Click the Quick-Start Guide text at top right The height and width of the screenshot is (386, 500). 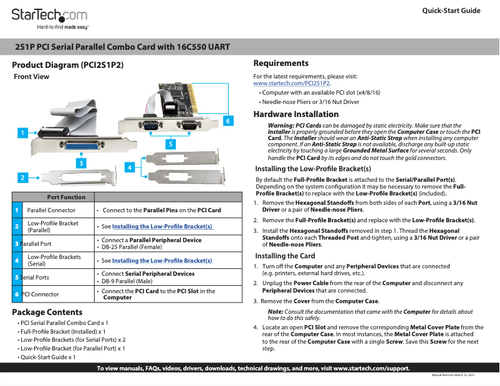(451, 11)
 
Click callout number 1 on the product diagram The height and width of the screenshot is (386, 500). (22, 133)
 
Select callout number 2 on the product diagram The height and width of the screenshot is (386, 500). (22, 177)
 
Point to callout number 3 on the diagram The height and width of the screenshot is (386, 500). (80, 162)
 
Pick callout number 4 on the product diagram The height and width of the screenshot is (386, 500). (130, 167)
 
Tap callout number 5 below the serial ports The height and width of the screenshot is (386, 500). (170, 143)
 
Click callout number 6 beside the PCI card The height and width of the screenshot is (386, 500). (228, 120)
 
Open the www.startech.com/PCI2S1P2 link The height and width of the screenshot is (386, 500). (292, 83)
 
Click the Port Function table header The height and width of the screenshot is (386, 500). (66, 197)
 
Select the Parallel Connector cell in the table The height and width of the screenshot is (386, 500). (51, 210)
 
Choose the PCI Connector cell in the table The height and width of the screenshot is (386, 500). (40, 294)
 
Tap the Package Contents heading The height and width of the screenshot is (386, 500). (47, 312)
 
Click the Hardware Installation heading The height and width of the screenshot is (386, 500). (296, 114)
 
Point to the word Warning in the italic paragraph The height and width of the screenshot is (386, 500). (281, 126)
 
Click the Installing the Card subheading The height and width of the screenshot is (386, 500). (285, 256)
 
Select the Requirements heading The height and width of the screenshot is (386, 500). (281, 63)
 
